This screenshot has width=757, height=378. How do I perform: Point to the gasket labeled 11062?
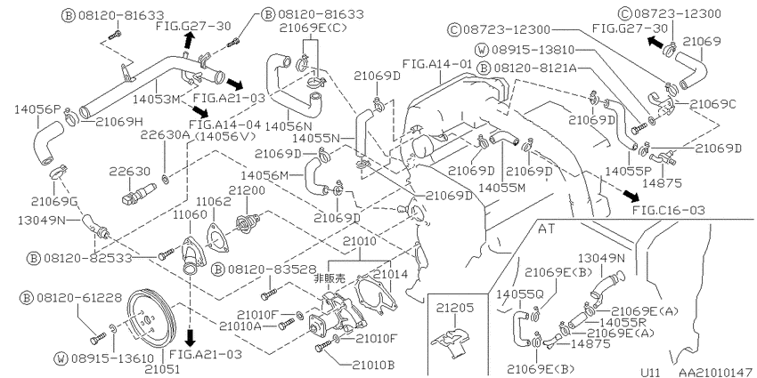[217, 237]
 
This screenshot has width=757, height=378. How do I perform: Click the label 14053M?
[156, 100]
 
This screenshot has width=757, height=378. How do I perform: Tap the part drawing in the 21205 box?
[449, 342]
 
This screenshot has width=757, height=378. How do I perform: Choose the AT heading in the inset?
[546, 229]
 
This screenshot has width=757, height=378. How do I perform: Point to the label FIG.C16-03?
[669, 210]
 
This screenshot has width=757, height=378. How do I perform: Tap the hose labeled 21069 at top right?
[692, 72]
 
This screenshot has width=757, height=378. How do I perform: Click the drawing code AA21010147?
[712, 372]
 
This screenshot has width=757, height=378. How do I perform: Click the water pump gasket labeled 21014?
[375, 294]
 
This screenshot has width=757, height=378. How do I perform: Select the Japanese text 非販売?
[330, 278]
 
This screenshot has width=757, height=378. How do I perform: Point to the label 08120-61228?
[71, 297]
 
